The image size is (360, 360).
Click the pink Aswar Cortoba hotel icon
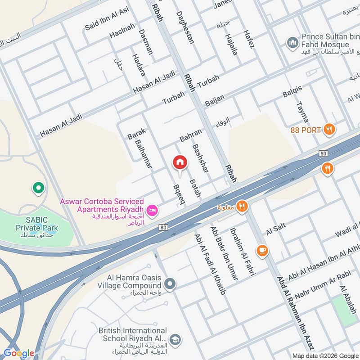(152, 210)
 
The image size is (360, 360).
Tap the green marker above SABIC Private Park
(38, 188)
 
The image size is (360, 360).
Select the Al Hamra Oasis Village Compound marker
(170, 283)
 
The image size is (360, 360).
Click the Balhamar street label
(144, 153)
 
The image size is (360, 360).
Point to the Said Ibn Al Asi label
(107, 22)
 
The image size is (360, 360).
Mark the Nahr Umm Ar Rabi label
(319, 281)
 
